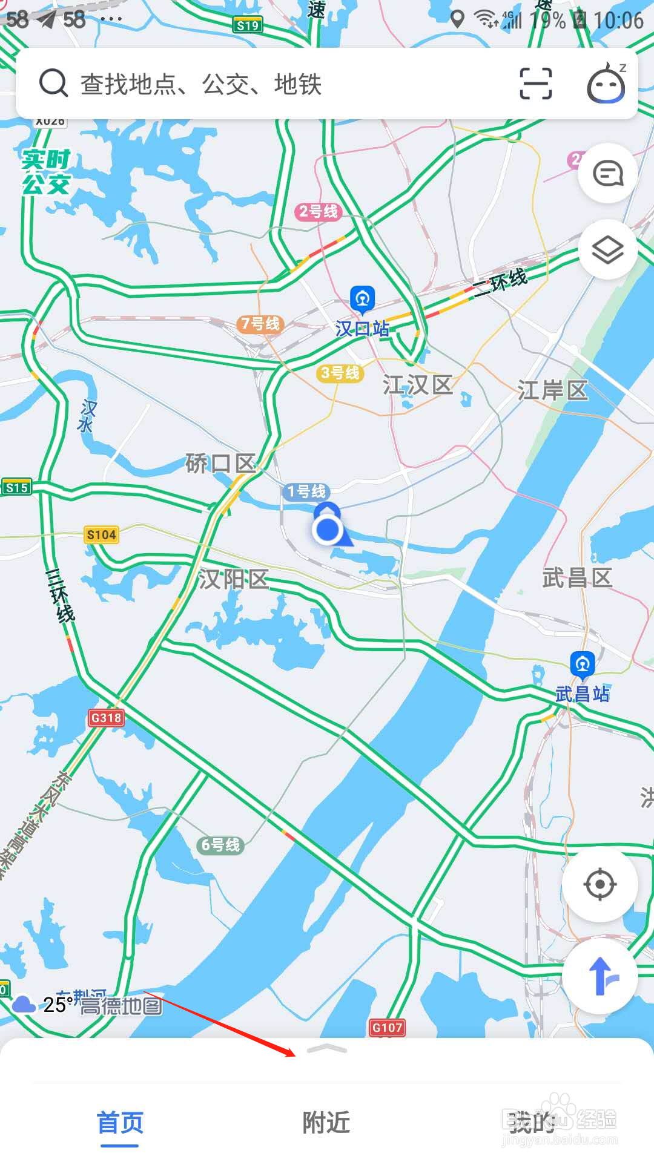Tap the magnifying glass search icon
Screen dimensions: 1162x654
[x=53, y=83]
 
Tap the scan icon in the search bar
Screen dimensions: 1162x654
[x=536, y=83]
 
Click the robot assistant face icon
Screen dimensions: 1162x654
[x=606, y=84]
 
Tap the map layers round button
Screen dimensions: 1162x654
[x=607, y=249]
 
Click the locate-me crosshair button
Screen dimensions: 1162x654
[x=599, y=884]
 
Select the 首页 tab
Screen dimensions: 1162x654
[x=120, y=1123]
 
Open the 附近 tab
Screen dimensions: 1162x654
[x=326, y=1123]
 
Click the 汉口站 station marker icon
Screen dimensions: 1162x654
[x=363, y=299]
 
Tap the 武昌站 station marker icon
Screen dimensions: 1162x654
[x=583, y=665]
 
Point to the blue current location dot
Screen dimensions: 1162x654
[x=328, y=530]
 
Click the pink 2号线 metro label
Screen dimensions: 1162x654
[x=319, y=211]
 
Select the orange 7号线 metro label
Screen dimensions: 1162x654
[x=260, y=324]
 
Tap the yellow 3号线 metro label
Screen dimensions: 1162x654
[x=340, y=373]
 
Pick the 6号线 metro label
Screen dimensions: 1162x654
[x=220, y=845]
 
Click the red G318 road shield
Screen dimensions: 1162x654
[x=106, y=718]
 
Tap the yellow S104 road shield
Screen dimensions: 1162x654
[x=101, y=534]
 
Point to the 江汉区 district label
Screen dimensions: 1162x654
[x=418, y=385]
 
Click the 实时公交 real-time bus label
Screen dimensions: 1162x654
[x=46, y=172]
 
